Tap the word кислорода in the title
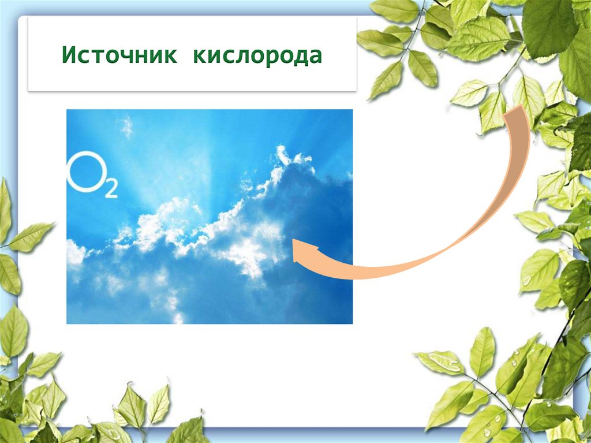click(257, 57)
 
